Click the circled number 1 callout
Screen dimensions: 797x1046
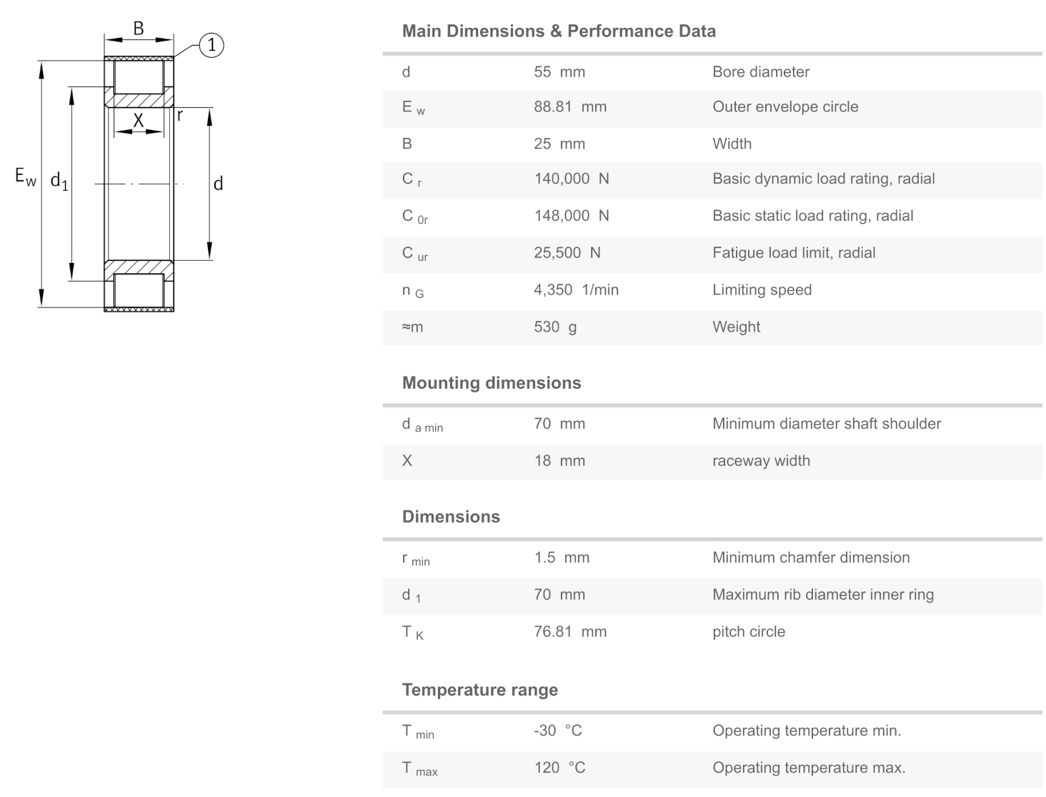pyautogui.click(x=211, y=45)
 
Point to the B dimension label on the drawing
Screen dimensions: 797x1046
pyautogui.click(x=139, y=28)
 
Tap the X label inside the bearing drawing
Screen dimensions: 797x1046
pyautogui.click(x=139, y=121)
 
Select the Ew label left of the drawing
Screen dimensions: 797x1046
pyautogui.click(x=25, y=177)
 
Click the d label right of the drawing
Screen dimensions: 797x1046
pyautogui.click(x=218, y=184)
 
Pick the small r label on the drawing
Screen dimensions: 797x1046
pyautogui.click(x=180, y=114)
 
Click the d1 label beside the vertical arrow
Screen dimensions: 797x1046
pyautogui.click(x=59, y=182)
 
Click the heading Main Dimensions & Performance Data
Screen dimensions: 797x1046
pyautogui.click(x=559, y=31)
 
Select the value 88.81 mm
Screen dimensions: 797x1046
pyautogui.click(x=570, y=107)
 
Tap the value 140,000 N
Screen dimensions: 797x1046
pyautogui.click(x=572, y=179)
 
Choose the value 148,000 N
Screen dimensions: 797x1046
pyautogui.click(x=572, y=216)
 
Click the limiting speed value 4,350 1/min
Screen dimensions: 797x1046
pyautogui.click(x=576, y=290)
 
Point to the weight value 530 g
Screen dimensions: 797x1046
pyautogui.click(x=555, y=327)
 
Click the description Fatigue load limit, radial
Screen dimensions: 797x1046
pyautogui.click(x=794, y=253)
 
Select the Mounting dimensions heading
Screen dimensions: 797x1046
pyautogui.click(x=492, y=383)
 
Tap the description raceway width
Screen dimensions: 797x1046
pyautogui.click(x=761, y=461)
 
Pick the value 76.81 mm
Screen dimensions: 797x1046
pyautogui.click(x=570, y=632)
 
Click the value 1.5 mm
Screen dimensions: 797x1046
pyautogui.click(x=562, y=558)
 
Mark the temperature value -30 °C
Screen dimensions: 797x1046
pyautogui.click(x=558, y=731)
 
